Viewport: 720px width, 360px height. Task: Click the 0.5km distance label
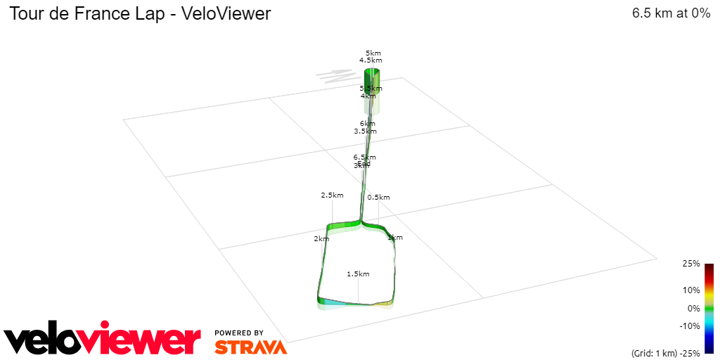click(x=378, y=198)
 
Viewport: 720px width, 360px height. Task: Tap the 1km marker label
click(x=395, y=238)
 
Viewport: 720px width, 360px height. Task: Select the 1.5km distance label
click(x=358, y=274)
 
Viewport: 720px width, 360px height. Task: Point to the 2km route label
click(x=321, y=239)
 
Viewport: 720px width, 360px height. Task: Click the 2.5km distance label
click(x=332, y=195)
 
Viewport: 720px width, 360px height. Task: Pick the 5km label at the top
click(x=373, y=53)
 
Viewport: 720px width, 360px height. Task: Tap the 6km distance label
click(x=367, y=124)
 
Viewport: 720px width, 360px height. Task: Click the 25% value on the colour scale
click(x=690, y=264)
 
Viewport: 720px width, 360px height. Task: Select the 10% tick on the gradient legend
click(x=690, y=290)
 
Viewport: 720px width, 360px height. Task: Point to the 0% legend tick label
click(x=693, y=308)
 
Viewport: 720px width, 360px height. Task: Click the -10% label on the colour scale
click(x=689, y=326)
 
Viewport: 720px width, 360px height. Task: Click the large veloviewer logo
click(x=103, y=340)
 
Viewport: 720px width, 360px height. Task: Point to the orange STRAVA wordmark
click(x=250, y=347)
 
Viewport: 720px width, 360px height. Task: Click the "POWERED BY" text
click(x=239, y=333)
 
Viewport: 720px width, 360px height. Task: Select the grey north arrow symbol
click(x=335, y=75)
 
